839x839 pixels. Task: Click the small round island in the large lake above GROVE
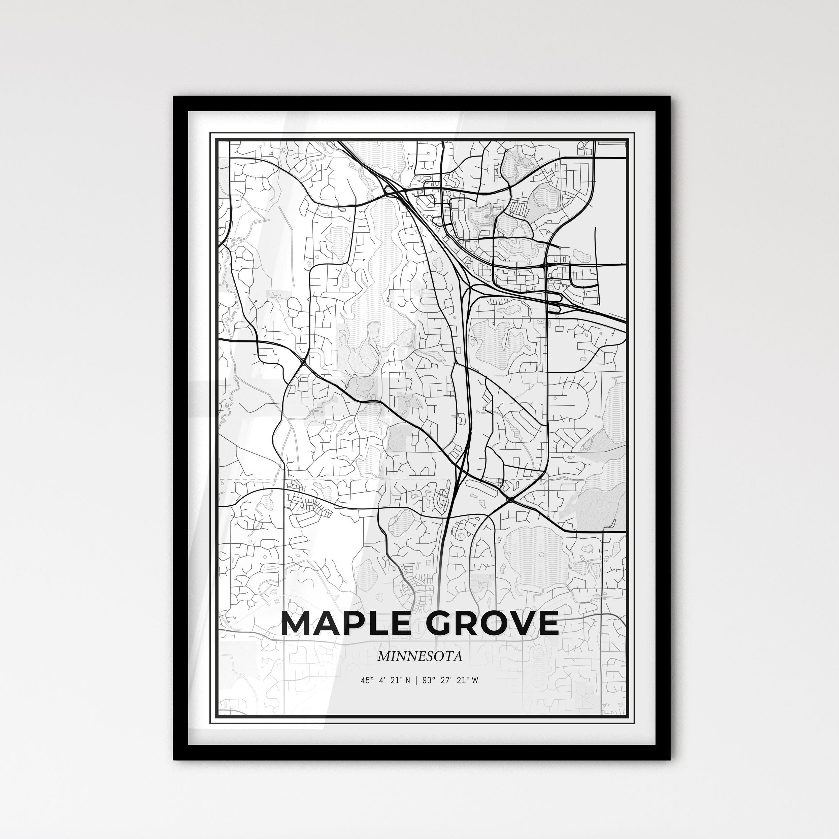pos(541,555)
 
